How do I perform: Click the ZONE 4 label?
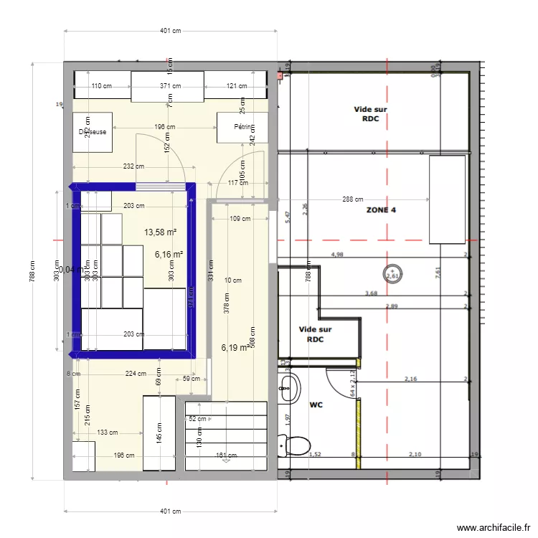pos(381,210)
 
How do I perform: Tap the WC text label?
pos(316,405)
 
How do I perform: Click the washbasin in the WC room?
pos(288,387)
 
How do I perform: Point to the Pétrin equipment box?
pos(242,131)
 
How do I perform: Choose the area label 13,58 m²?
pos(161,232)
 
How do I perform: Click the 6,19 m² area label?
pos(235,347)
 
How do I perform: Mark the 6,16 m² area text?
pos(169,254)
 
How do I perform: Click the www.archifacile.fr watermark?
pos(493,527)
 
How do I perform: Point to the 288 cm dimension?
pos(351,200)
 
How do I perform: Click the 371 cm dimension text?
pos(169,86)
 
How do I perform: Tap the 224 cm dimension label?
pos(135,373)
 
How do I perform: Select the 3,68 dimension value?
pos(371,293)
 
